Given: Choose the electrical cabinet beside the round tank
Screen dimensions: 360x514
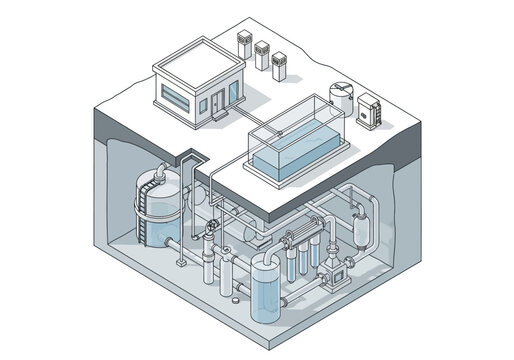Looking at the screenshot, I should click(x=372, y=110).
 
